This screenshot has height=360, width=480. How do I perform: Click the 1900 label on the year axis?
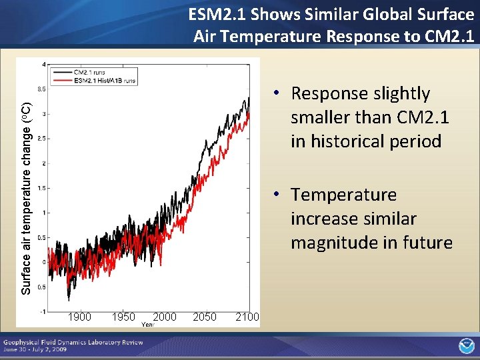(79, 317)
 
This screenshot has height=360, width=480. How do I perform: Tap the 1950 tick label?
(123, 317)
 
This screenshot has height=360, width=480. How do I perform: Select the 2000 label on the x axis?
(165, 317)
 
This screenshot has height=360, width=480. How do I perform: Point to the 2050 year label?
(205, 317)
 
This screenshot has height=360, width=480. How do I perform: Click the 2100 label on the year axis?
(247, 317)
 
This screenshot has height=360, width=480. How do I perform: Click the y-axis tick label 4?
(44, 65)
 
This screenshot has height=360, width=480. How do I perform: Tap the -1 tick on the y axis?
(43, 311)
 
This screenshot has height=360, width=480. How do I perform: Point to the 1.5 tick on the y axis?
(42, 188)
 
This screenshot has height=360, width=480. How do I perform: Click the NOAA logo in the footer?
(466, 346)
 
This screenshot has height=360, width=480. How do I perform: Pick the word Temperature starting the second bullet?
(343, 195)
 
